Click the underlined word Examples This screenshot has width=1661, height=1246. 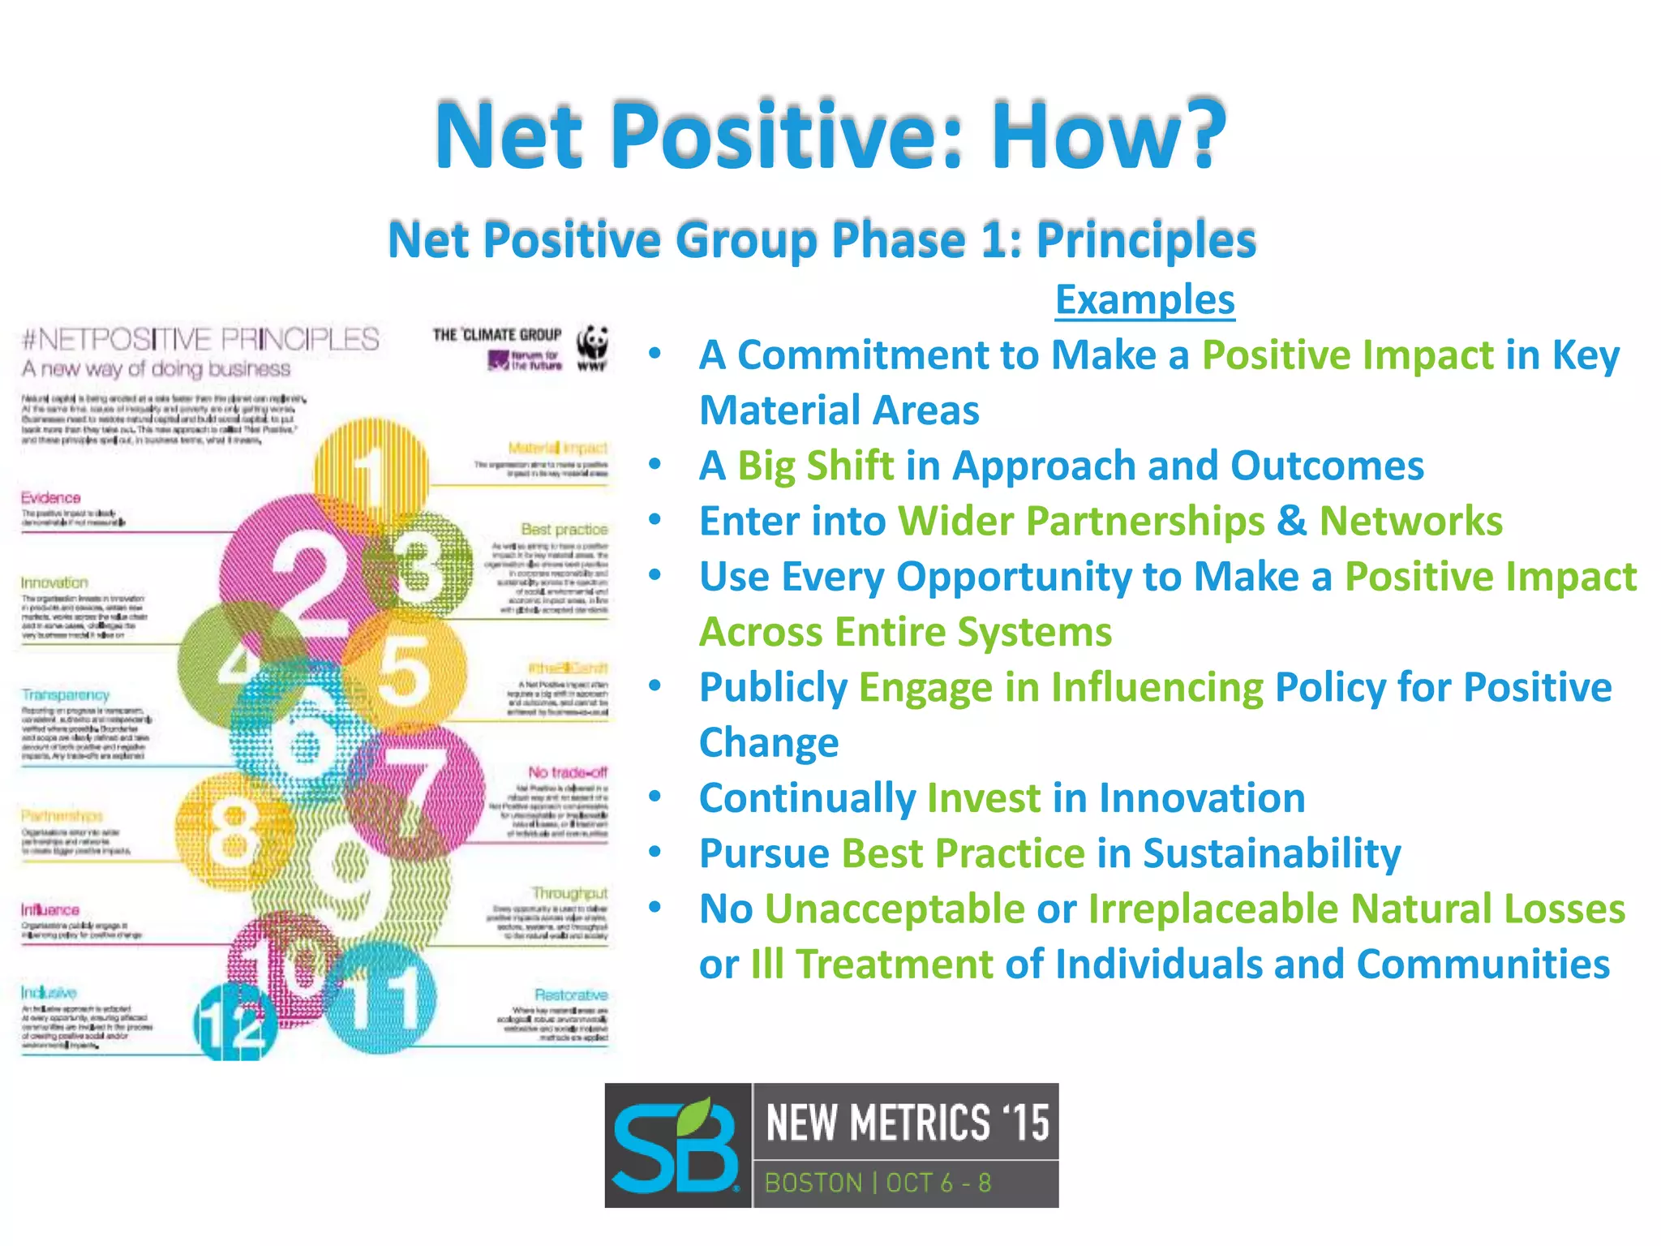click(1144, 300)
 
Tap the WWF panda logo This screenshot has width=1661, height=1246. click(593, 345)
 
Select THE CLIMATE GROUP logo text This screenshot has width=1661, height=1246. click(496, 335)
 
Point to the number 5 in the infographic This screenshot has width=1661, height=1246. click(404, 670)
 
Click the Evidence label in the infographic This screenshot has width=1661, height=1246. click(50, 497)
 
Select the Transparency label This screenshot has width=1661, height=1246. click(66, 695)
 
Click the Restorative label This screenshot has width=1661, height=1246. click(571, 995)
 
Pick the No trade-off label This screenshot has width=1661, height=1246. click(567, 772)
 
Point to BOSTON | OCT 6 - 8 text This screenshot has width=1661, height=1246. click(878, 1183)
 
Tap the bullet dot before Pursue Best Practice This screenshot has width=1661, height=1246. click(655, 853)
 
